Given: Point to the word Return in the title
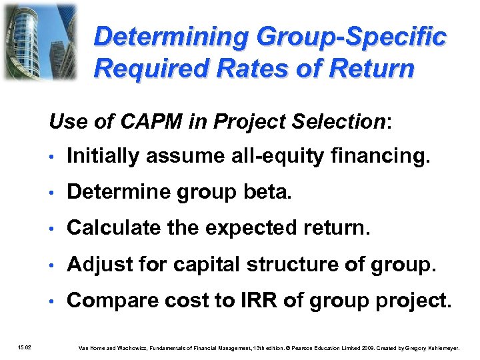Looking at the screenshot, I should pos(371,67).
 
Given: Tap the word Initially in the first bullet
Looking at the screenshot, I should pos(105,156).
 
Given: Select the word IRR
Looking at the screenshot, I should pos(257,301).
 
